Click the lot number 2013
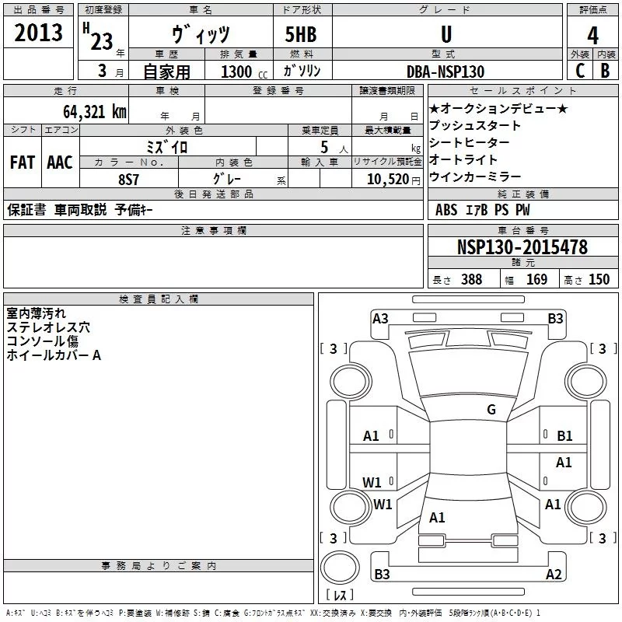39,33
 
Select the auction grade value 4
592,35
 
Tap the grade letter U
446,34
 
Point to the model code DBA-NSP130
445,72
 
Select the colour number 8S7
128,179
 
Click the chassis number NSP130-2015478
522,247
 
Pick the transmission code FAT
22,162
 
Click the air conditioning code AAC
59,162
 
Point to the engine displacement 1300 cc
241,72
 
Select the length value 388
471,280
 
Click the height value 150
599,280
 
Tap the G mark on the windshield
491,409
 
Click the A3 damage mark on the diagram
380,318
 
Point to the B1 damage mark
564,436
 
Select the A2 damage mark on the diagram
554,575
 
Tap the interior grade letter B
605,71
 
